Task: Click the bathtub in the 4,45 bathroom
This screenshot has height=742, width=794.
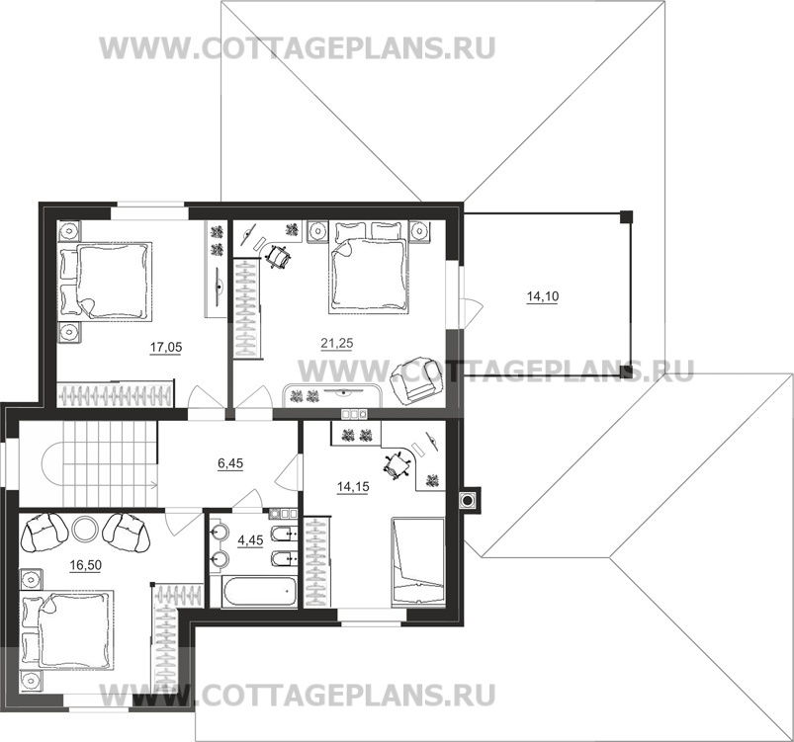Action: point(258,591)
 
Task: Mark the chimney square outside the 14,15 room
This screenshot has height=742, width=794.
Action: point(467,500)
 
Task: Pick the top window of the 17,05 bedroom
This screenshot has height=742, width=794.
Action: point(148,207)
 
